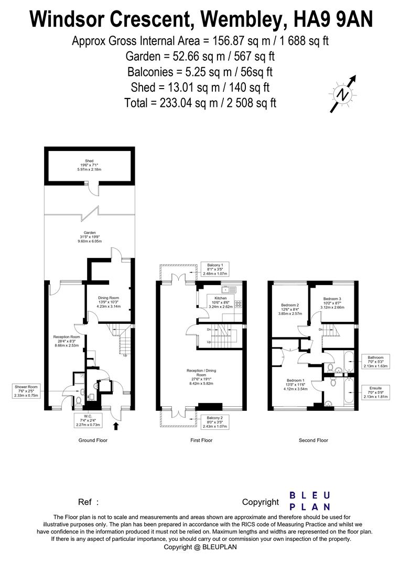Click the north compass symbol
tap(343, 94)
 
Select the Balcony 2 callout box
tap(214, 421)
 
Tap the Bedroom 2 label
tap(290, 309)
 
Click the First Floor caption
tap(201, 440)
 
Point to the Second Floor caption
tap(313, 440)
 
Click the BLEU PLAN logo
tap(310, 501)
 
